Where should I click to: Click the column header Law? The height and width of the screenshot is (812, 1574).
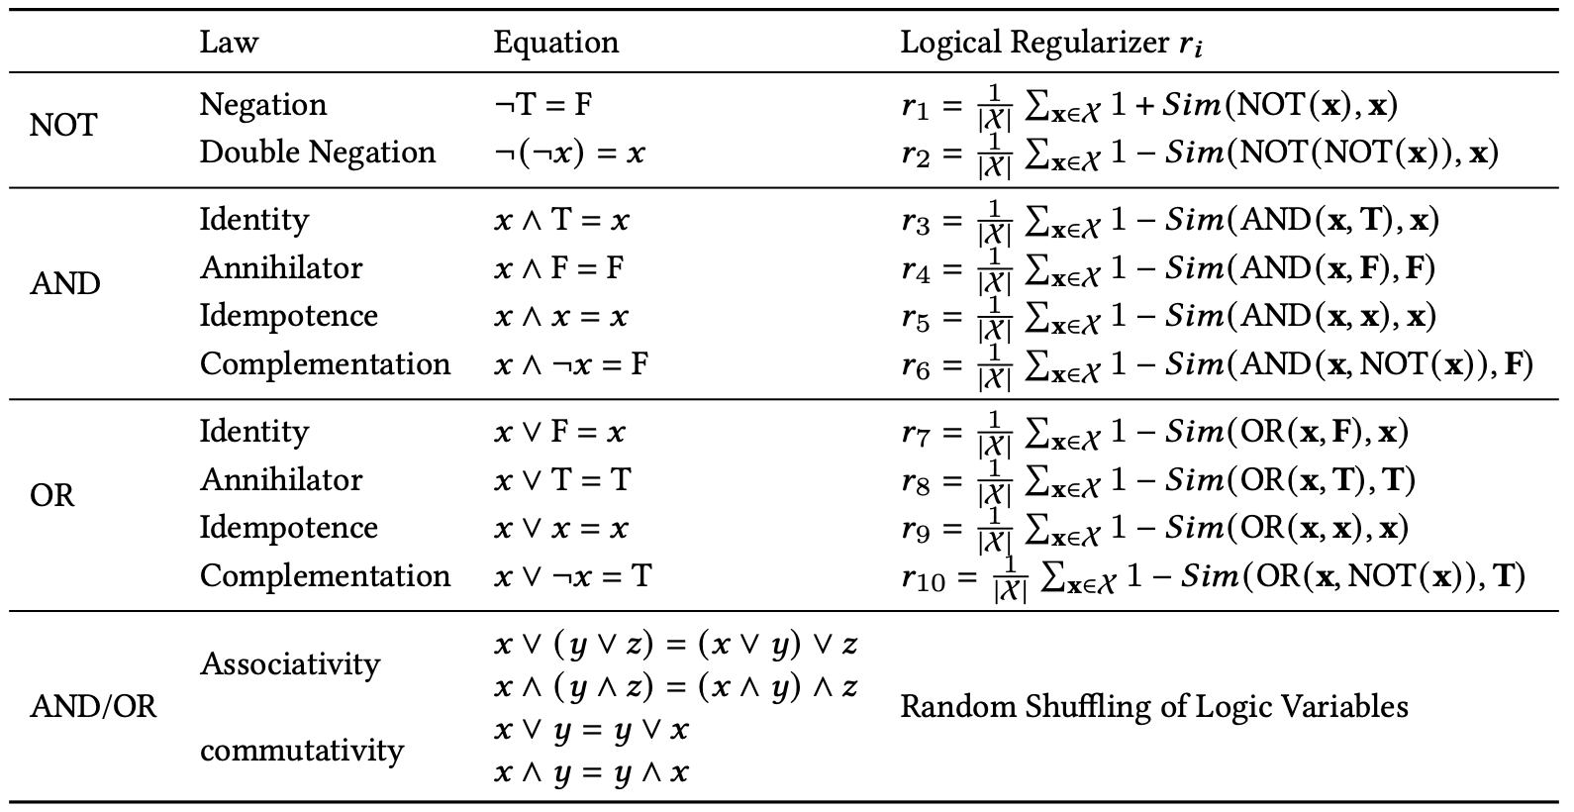(x=229, y=43)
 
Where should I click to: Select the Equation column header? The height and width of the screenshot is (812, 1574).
(x=555, y=43)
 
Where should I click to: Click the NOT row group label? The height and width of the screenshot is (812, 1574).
(x=63, y=126)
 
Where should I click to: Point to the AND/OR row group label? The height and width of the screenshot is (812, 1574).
(x=93, y=707)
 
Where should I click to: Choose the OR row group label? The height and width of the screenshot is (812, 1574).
(x=51, y=495)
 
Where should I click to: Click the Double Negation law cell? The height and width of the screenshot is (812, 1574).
(x=317, y=152)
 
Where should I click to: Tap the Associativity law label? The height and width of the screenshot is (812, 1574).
(x=289, y=663)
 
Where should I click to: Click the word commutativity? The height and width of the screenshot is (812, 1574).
(x=301, y=751)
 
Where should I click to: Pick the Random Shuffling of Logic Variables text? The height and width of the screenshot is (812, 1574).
(x=1153, y=707)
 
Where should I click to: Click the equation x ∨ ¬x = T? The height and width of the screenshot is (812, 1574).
(x=572, y=576)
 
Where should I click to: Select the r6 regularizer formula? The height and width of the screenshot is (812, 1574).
(x=1216, y=365)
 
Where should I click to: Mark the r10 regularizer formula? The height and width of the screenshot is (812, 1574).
(x=1212, y=576)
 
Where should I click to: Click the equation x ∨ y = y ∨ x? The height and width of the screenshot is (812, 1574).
(x=591, y=731)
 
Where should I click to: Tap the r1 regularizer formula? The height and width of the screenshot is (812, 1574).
(x=1148, y=105)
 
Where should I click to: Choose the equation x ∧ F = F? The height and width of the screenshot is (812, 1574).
(x=558, y=268)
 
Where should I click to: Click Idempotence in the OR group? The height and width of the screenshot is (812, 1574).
(x=288, y=528)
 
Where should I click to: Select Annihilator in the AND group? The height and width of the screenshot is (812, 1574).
(x=281, y=268)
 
